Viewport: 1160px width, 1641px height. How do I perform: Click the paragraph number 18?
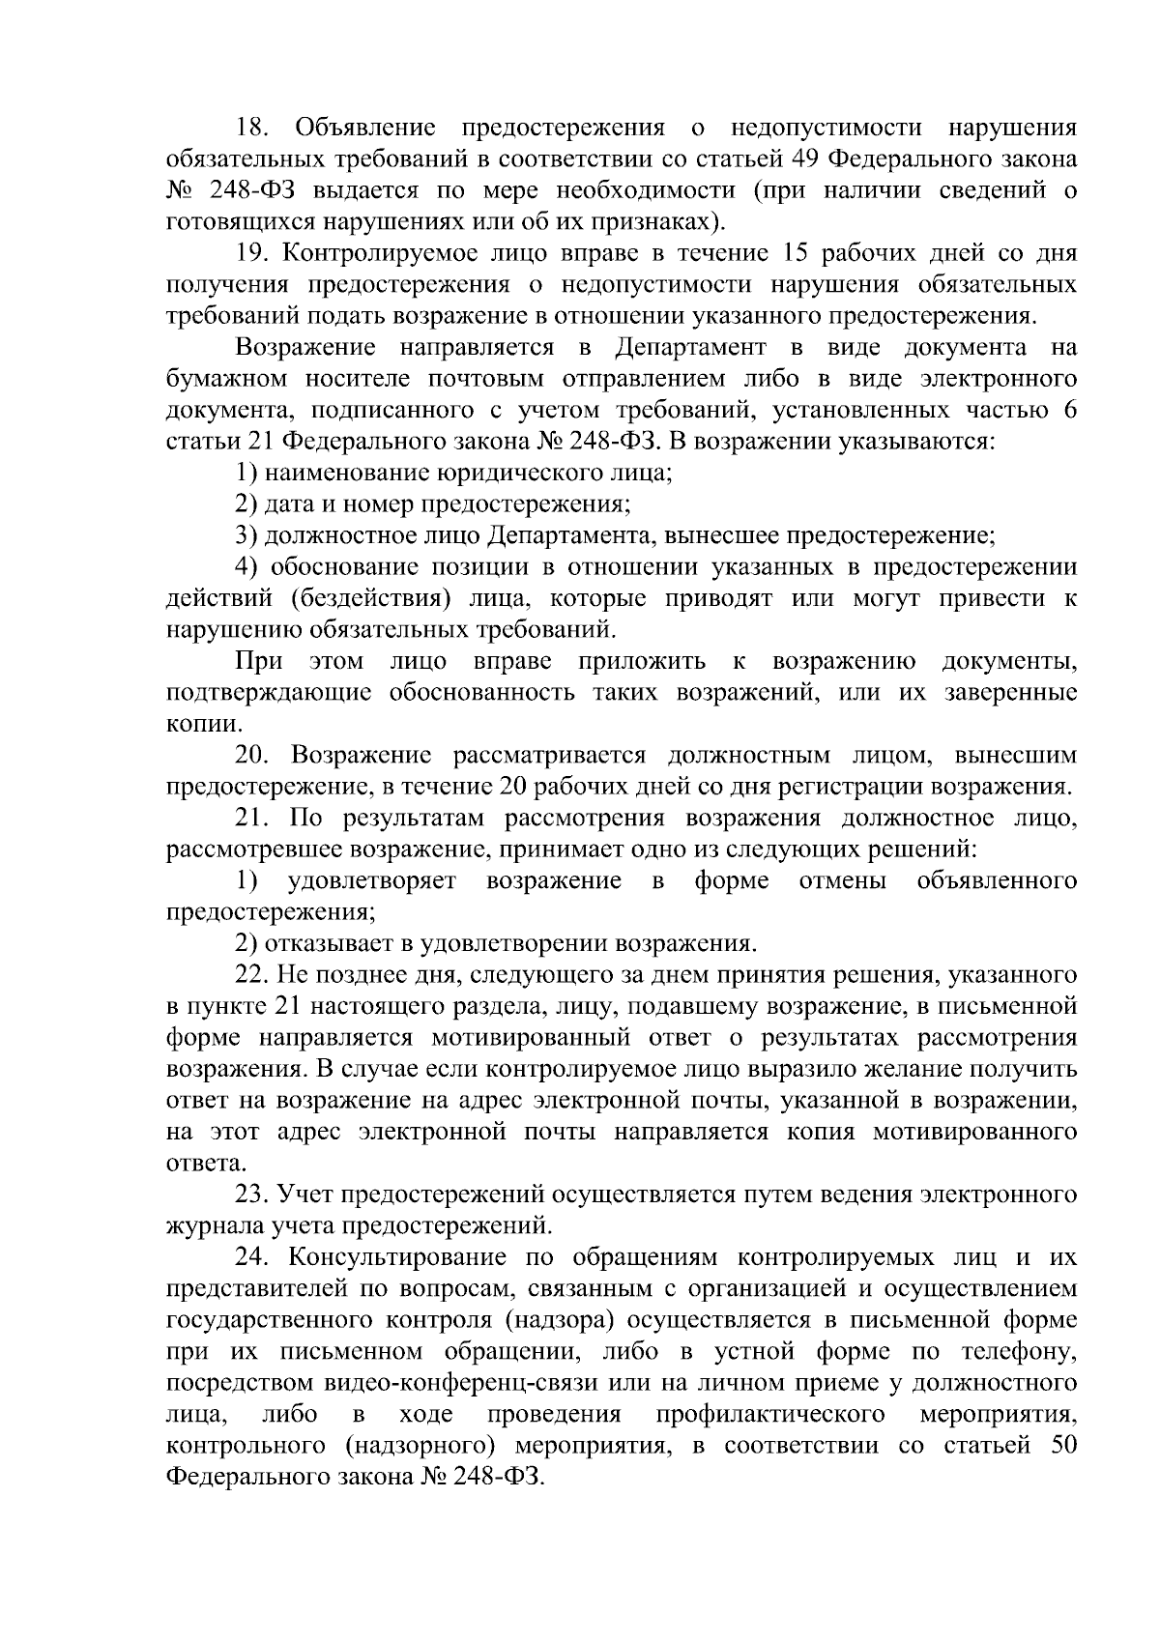tap(253, 128)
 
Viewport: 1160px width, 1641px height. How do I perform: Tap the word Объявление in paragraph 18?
tap(364, 128)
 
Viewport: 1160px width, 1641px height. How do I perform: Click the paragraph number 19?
tap(253, 253)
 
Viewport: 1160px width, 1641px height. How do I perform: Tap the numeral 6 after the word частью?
tap(1069, 410)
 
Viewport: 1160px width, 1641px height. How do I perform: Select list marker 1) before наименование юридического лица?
tap(246, 473)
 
